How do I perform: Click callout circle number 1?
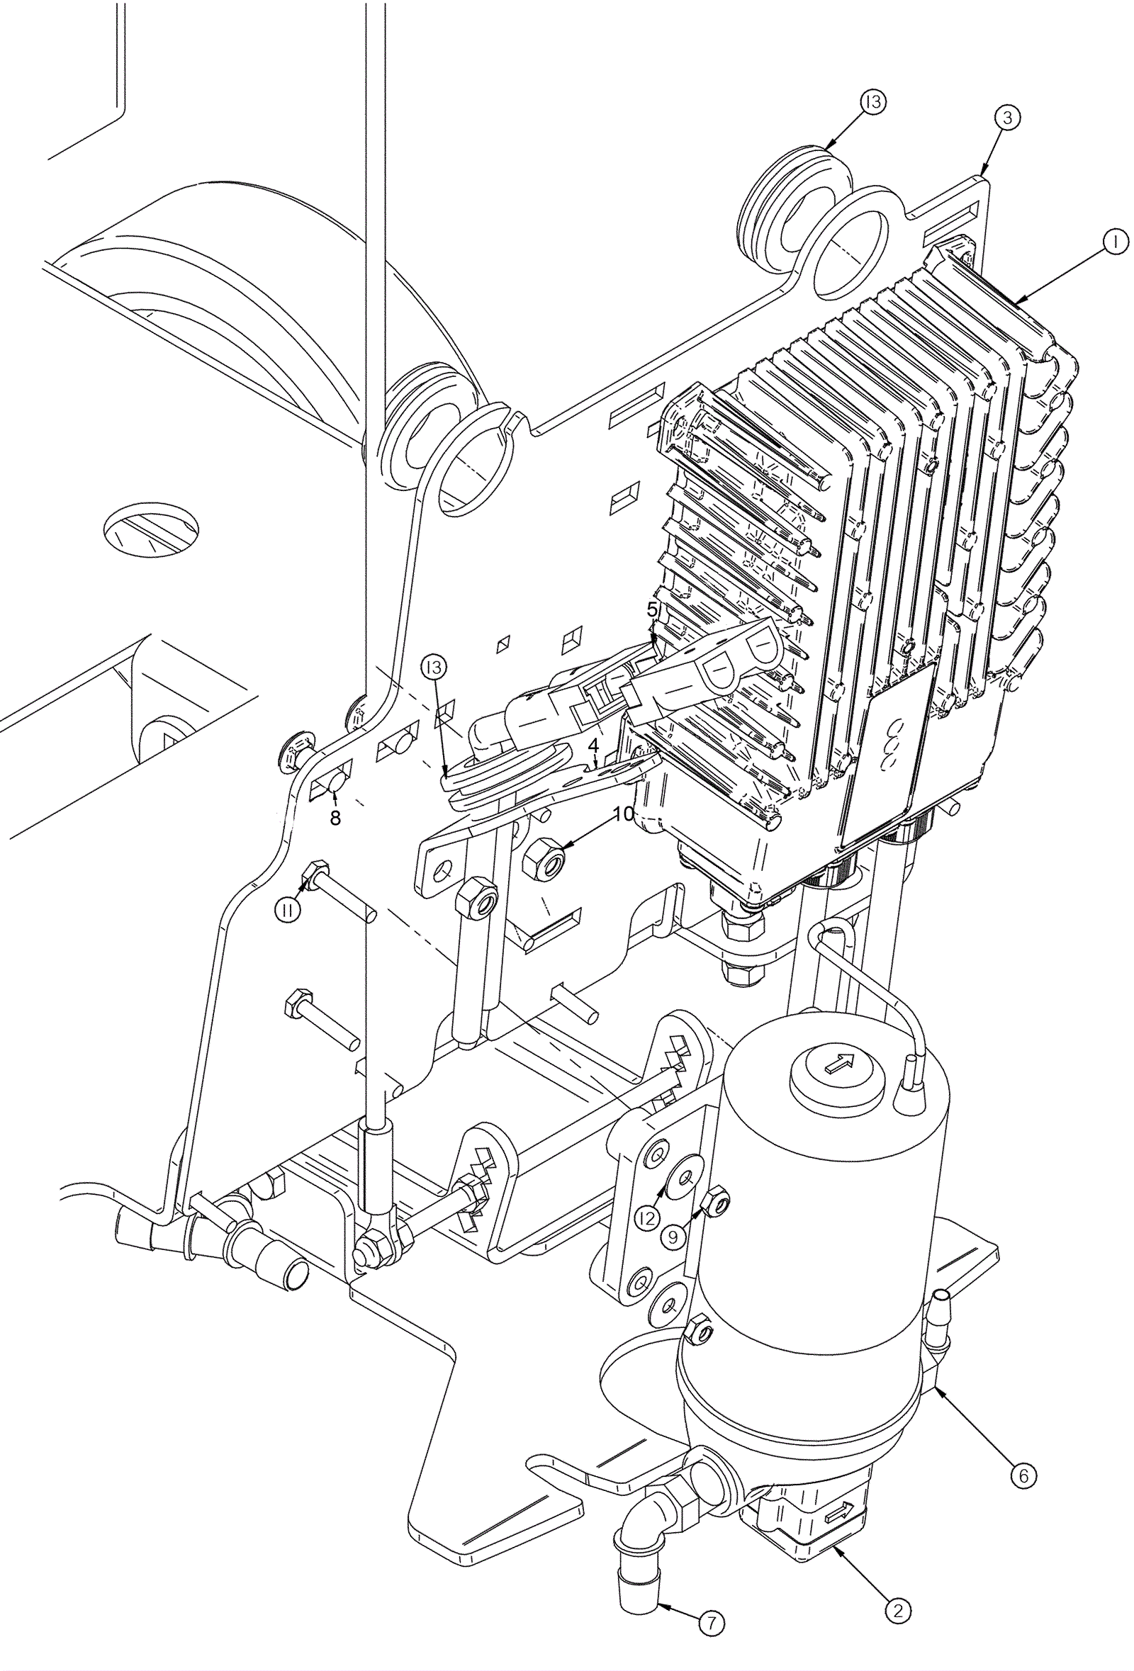pos(1116,243)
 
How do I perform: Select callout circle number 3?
pos(1007,117)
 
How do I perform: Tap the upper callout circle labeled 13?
pos(873,103)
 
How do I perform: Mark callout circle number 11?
pos(288,911)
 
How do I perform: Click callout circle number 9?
pos(673,1236)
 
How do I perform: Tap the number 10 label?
pos(624,814)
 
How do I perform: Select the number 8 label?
pos(335,818)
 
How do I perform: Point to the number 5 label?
pos(652,609)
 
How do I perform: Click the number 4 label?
pos(593,745)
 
